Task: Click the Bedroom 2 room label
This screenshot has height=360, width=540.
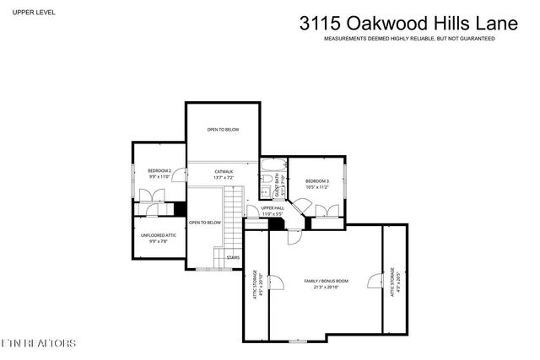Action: click(x=160, y=172)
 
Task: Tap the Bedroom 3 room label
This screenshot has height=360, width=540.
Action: click(x=317, y=181)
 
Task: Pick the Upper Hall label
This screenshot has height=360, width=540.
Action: click(x=273, y=208)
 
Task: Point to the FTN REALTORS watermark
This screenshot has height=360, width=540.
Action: click(x=38, y=343)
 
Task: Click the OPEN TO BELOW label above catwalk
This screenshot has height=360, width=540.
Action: click(x=224, y=130)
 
